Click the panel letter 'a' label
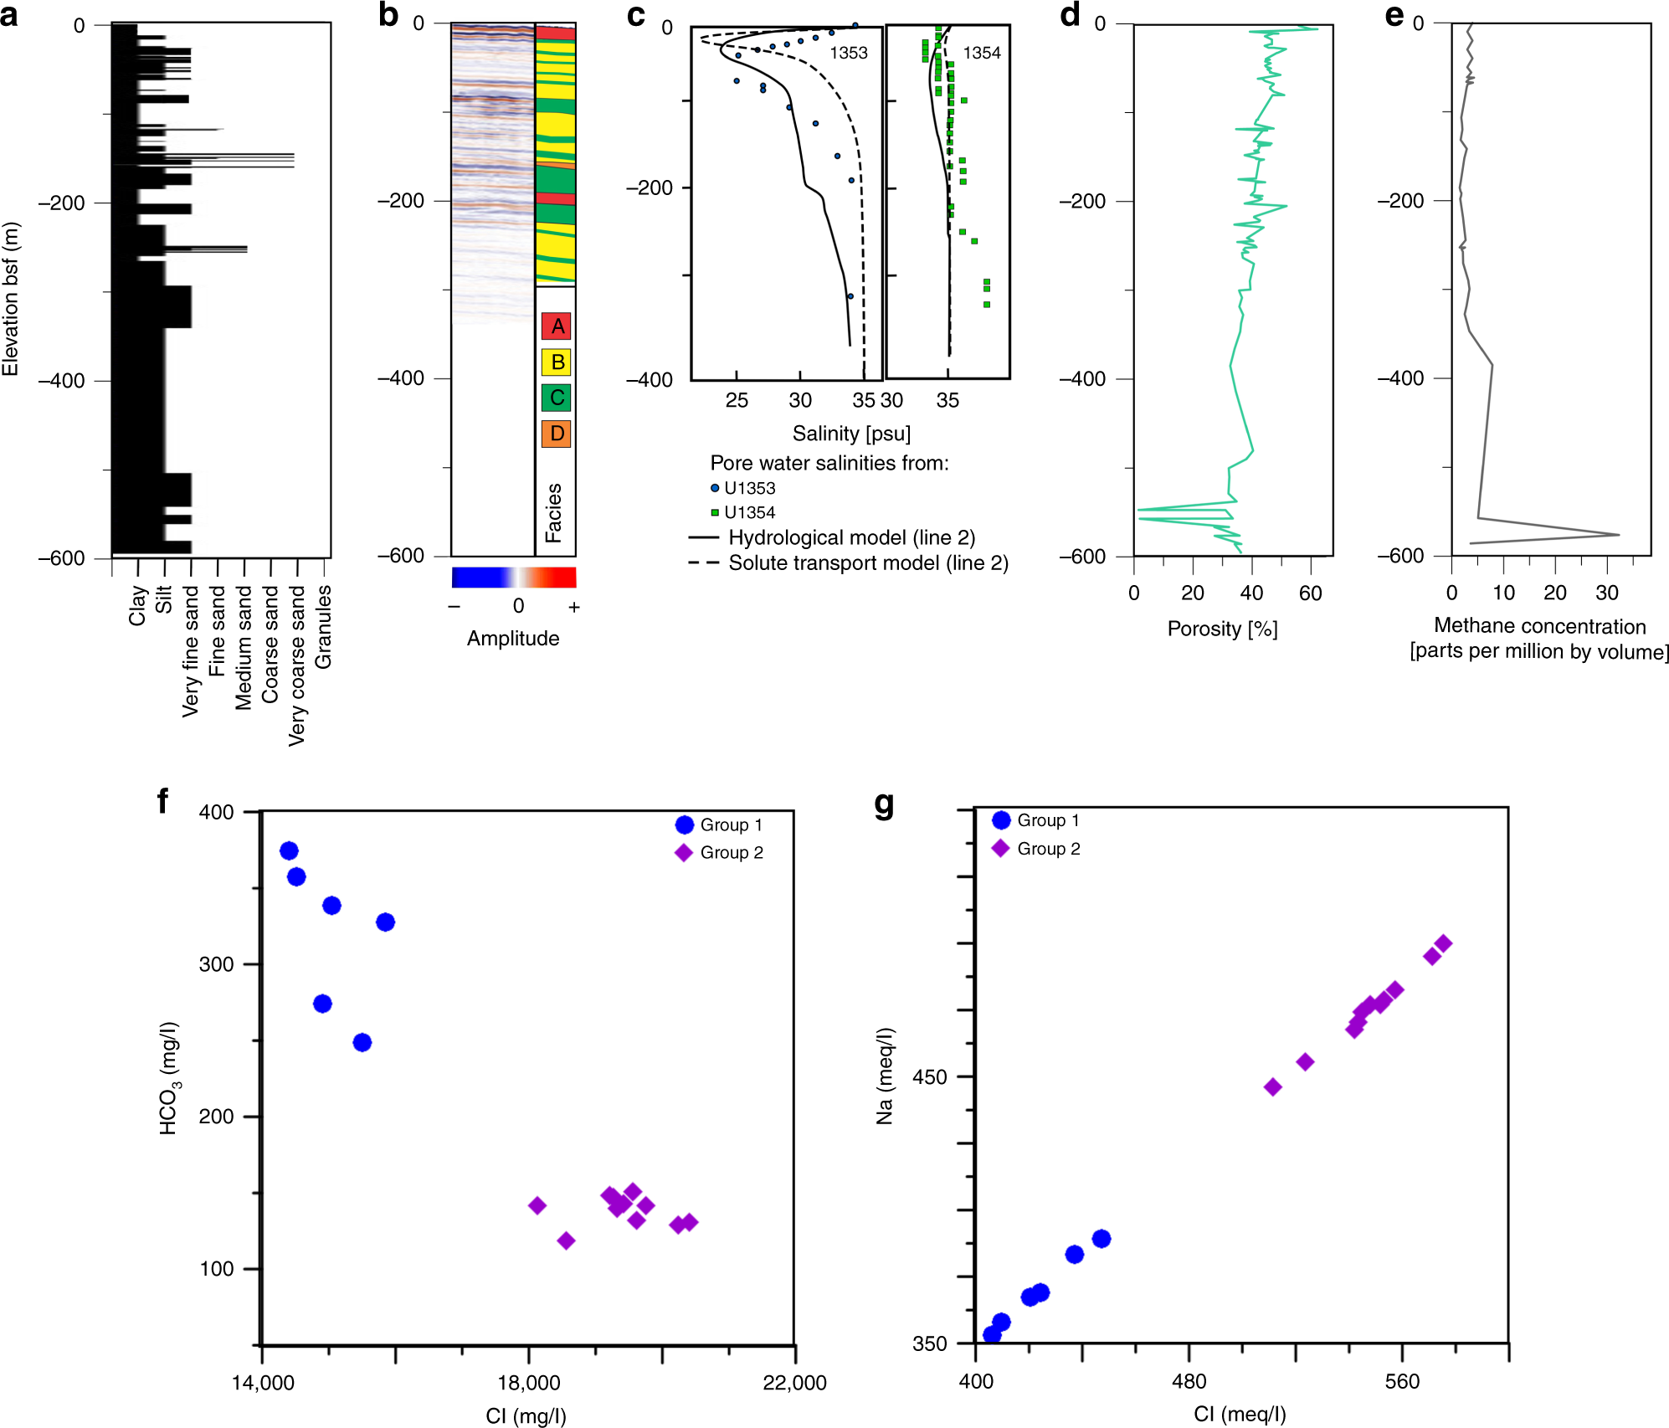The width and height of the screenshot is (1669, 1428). pyautogui.click(x=9, y=15)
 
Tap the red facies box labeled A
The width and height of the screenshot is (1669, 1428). pyautogui.click(x=557, y=326)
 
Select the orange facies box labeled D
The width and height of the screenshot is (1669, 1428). pyautogui.click(x=557, y=434)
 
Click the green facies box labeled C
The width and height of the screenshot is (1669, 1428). pyautogui.click(x=557, y=398)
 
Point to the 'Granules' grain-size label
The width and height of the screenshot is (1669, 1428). pyautogui.click(x=324, y=626)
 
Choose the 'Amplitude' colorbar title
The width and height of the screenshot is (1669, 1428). pyautogui.click(x=512, y=639)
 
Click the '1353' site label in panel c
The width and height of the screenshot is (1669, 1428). pyautogui.click(x=848, y=54)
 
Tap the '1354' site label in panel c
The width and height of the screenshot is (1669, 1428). pyautogui.click(x=981, y=54)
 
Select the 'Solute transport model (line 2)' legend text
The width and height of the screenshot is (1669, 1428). pyautogui.click(x=868, y=563)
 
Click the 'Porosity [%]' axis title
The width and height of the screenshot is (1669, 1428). pyautogui.click(x=1221, y=629)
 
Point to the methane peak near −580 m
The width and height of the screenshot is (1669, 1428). pyautogui.click(x=1617, y=534)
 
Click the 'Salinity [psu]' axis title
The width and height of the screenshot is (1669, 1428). pyautogui.click(x=850, y=434)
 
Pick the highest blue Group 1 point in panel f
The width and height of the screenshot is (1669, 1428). pyautogui.click(x=289, y=850)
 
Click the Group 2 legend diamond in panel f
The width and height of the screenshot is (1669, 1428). pyautogui.click(x=684, y=853)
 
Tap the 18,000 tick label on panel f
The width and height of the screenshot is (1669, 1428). pyautogui.click(x=528, y=1382)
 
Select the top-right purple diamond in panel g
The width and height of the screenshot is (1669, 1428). pyautogui.click(x=1443, y=944)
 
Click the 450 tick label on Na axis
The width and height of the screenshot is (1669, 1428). pyautogui.click(x=929, y=1077)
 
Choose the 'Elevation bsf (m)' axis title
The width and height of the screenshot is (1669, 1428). pyautogui.click(x=10, y=299)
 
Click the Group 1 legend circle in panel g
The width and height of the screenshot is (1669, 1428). pyautogui.click(x=1001, y=820)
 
